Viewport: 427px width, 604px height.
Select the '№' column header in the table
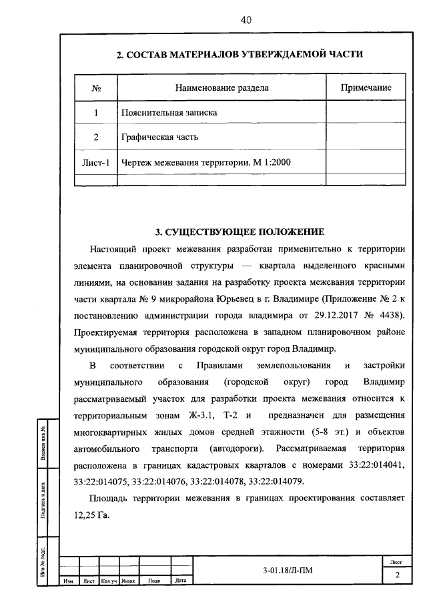pyautogui.click(x=95, y=88)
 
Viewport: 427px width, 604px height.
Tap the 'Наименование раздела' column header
pyautogui.click(x=222, y=88)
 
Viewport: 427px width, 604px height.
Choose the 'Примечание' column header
pyautogui.click(x=366, y=88)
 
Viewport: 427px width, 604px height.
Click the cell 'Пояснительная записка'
pyautogui.click(x=169, y=113)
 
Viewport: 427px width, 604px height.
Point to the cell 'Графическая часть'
pyautogui.click(x=159, y=137)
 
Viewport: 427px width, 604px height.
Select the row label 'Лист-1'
pyautogui.click(x=95, y=162)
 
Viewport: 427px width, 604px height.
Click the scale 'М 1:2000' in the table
pyautogui.click(x=272, y=162)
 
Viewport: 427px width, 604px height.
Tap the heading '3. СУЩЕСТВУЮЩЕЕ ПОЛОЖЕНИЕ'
pyautogui.click(x=240, y=232)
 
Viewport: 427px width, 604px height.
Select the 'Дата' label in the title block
pyautogui.click(x=180, y=581)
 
